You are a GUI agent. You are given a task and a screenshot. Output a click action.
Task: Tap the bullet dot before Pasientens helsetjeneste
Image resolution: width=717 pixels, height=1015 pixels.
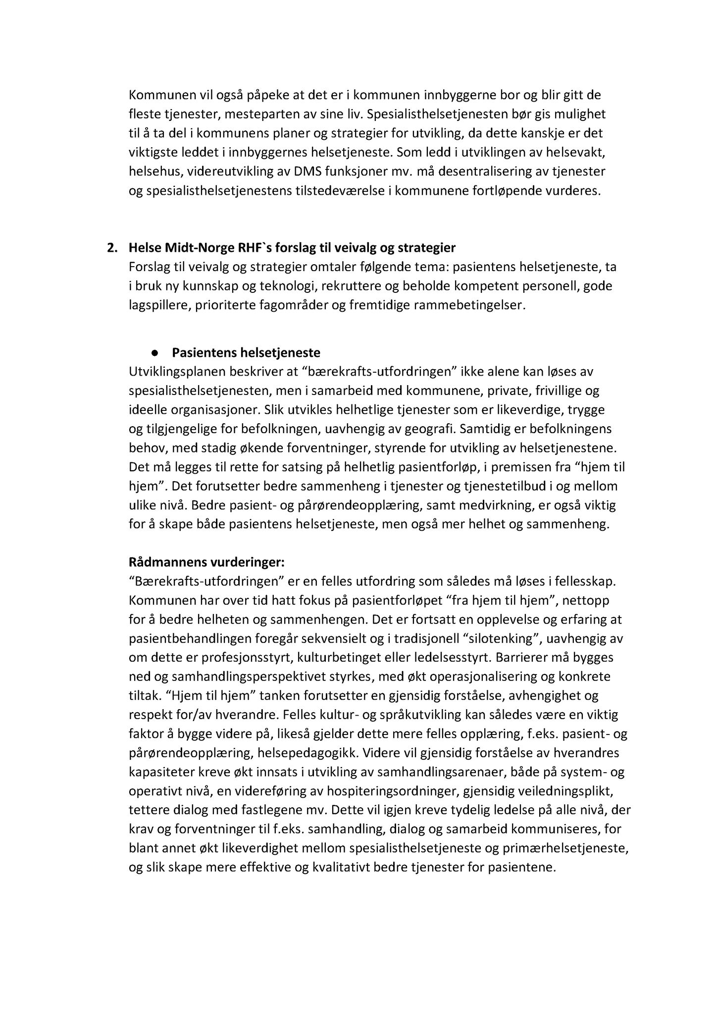155,353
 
